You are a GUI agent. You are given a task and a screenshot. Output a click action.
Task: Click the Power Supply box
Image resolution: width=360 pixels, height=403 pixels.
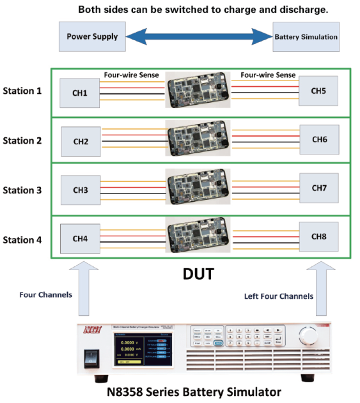(92, 36)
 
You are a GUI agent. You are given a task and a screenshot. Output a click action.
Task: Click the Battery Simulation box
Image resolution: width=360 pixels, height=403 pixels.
(306, 37)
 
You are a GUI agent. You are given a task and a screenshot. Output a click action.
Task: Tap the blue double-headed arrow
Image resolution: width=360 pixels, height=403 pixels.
(198, 36)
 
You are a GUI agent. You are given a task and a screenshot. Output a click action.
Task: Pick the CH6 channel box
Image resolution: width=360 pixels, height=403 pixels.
(319, 140)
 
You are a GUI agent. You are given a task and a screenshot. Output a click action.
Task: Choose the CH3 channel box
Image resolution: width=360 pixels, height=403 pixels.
(80, 190)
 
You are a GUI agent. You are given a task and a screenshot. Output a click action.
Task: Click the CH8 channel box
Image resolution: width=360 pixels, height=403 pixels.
(319, 237)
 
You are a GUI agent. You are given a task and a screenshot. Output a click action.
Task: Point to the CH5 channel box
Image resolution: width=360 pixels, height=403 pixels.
(319, 91)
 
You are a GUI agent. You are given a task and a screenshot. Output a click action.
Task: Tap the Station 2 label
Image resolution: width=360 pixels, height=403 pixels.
(22, 141)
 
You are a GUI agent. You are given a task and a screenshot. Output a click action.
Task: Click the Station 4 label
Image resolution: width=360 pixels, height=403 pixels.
(22, 240)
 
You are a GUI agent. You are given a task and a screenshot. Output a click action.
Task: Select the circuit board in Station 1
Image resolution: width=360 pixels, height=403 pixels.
(198, 91)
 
